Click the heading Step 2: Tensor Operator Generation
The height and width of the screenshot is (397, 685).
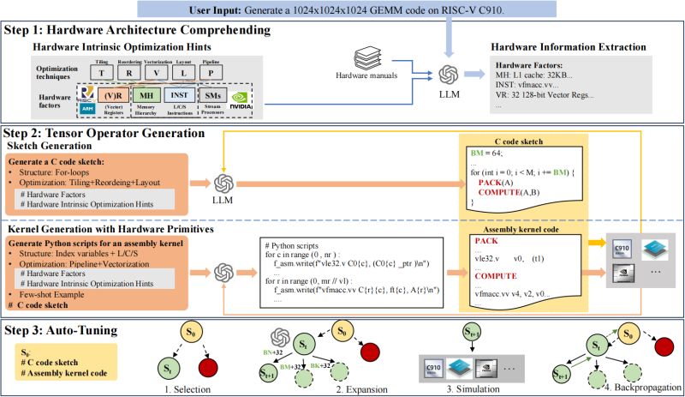pyautogui.click(x=104, y=133)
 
